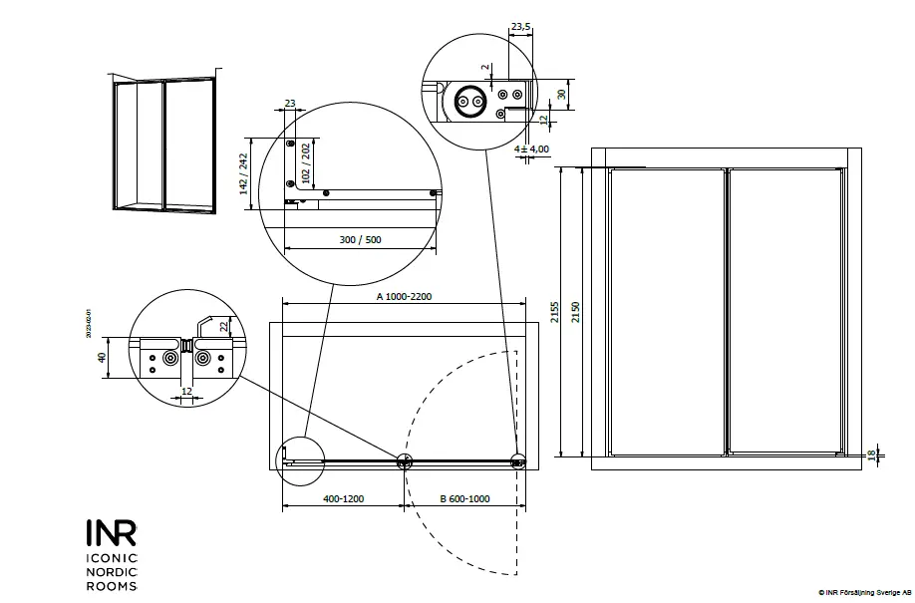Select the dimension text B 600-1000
463,498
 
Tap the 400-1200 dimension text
343,498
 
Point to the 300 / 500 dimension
360,239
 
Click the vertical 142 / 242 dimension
242,171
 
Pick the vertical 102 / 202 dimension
306,163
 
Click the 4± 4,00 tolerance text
532,149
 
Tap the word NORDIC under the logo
111,572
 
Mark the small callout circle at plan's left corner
295,460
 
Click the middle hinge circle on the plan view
405,461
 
